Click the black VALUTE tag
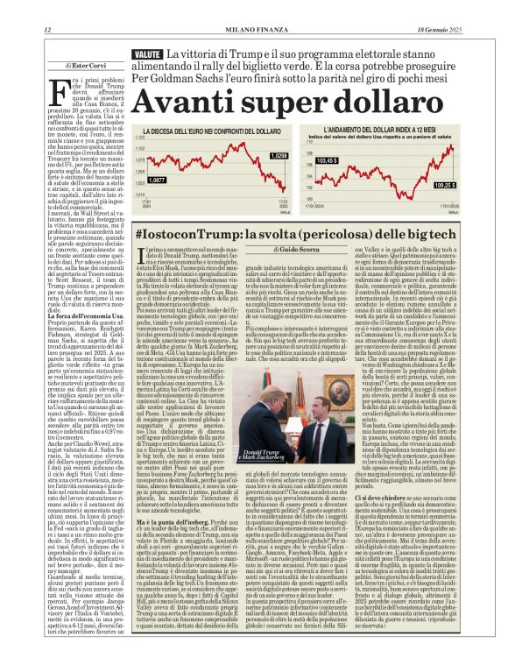click(146, 54)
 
